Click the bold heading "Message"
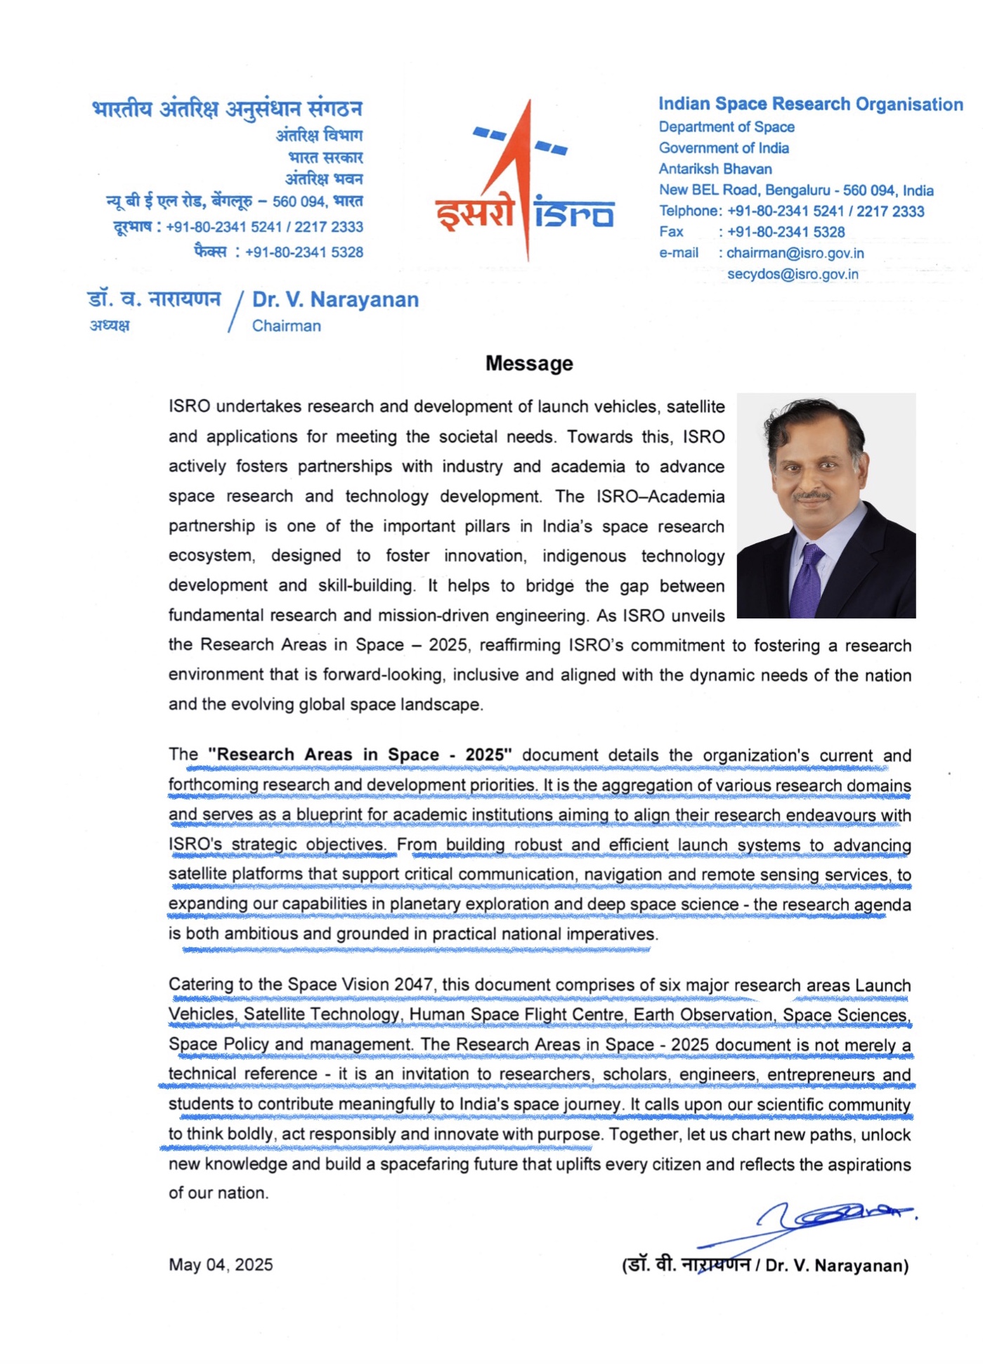pyautogui.click(x=529, y=363)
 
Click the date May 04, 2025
pyautogui.click(x=221, y=1265)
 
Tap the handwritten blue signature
pyautogui.click(x=829, y=1219)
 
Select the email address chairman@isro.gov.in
pyautogui.click(x=795, y=253)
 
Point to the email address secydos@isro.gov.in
pyautogui.click(x=793, y=274)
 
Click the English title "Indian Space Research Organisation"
pyautogui.click(x=810, y=104)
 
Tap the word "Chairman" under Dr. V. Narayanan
pyautogui.click(x=286, y=326)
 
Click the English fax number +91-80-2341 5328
pyautogui.click(x=786, y=232)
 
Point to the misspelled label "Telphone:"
pyautogui.click(x=690, y=211)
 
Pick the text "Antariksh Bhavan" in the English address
pyautogui.click(x=715, y=169)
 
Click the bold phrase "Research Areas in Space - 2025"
pyautogui.click(x=360, y=755)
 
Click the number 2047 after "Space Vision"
pyautogui.click(x=413, y=985)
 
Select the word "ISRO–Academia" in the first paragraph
pyautogui.click(x=660, y=497)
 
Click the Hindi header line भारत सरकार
pyautogui.click(x=325, y=157)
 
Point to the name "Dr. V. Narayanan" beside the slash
pyautogui.click(x=335, y=300)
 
